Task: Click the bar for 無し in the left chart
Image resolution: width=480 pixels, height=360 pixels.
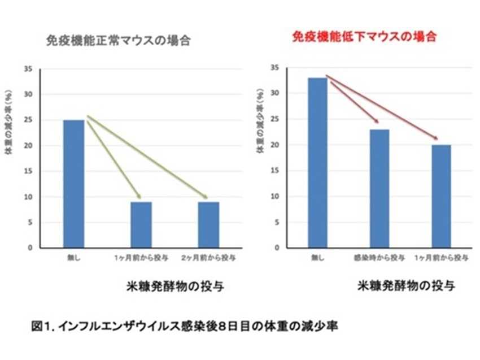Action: click(x=73, y=184)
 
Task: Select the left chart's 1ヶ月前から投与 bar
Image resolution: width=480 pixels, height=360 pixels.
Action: click(x=141, y=225)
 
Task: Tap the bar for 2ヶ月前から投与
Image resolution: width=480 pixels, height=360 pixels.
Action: click(x=208, y=225)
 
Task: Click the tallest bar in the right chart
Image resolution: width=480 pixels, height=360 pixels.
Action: click(x=318, y=163)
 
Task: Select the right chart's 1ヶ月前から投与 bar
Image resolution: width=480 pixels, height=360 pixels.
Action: click(x=441, y=196)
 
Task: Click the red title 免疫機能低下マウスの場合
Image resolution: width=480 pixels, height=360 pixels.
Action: click(x=365, y=37)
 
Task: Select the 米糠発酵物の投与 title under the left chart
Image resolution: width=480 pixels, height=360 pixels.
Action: click(x=174, y=286)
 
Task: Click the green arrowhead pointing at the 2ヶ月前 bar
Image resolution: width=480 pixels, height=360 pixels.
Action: click(x=205, y=197)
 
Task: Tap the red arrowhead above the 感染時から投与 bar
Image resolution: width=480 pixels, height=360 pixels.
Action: click(x=376, y=122)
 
